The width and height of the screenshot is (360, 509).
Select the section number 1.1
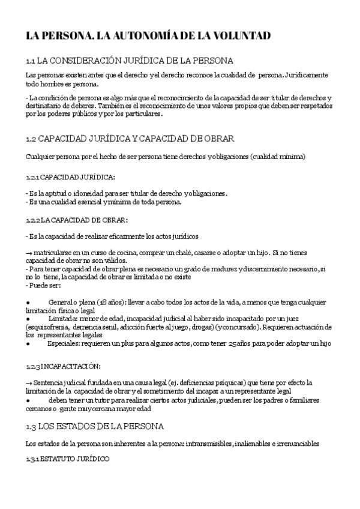[32, 61]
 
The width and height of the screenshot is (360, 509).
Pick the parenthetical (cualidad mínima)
[277, 157]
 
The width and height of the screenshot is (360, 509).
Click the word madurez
[221, 270]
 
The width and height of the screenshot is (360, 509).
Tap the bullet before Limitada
[28, 318]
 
